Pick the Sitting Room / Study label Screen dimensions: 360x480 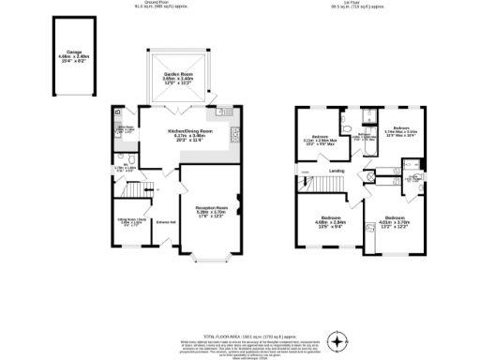click(x=129, y=222)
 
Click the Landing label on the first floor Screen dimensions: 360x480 click(x=337, y=170)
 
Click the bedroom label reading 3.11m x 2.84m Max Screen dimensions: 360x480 click(x=318, y=142)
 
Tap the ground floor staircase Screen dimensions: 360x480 click(x=139, y=190)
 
